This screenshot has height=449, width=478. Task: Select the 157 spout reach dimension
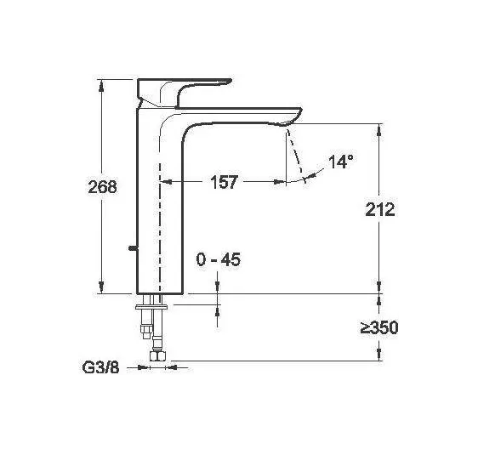pyautogui.click(x=222, y=182)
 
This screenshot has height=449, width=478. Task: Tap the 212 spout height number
pyautogui.click(x=378, y=209)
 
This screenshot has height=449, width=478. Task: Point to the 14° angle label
pyautogui.click(x=340, y=162)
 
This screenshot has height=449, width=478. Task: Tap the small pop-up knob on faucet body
pyautogui.click(x=131, y=249)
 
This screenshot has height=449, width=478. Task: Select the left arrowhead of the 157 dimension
pyautogui.click(x=164, y=182)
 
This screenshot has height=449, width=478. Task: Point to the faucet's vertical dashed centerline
pyautogui.click(x=159, y=213)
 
